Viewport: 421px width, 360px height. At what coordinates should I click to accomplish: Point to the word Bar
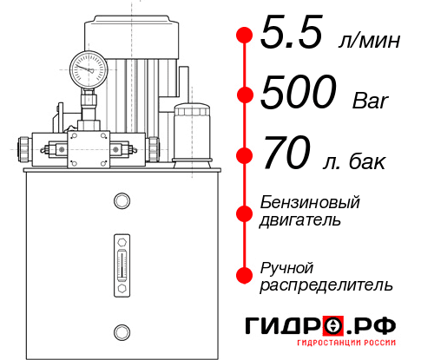tap(372, 101)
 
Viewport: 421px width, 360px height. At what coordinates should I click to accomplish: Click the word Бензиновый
tap(310, 202)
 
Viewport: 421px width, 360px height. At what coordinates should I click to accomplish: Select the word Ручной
tap(286, 266)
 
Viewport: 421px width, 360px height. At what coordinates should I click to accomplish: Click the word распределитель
tap(326, 285)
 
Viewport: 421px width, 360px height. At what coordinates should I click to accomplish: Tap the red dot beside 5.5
tap(245, 36)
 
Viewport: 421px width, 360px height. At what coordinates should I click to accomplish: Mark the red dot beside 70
tap(245, 156)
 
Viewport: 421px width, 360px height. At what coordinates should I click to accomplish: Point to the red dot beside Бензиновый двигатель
tap(245, 212)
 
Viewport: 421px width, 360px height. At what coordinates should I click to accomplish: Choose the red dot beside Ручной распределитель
tap(245, 275)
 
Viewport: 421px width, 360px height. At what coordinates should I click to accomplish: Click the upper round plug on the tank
tap(121, 202)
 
